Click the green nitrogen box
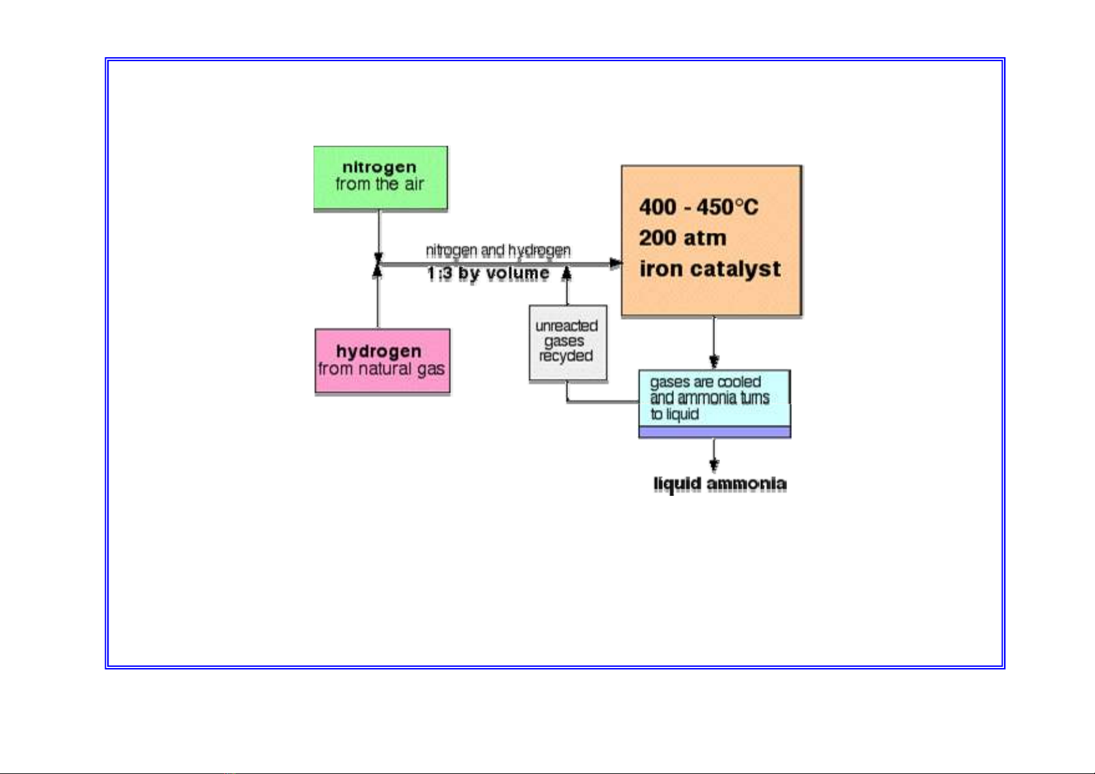pyautogui.click(x=380, y=178)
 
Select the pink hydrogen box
pyautogui.click(x=382, y=361)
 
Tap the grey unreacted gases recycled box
pyautogui.click(x=567, y=342)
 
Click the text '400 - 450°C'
pyautogui.click(x=698, y=207)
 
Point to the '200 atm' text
pyautogui.click(x=682, y=238)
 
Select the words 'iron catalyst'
pyautogui.click(x=710, y=268)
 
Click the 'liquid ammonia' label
pyautogui.click(x=719, y=484)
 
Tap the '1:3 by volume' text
pyautogui.click(x=487, y=274)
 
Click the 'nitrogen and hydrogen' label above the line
pyautogui.click(x=498, y=250)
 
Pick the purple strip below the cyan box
pyautogui.click(x=714, y=432)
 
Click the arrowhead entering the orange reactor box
pyautogui.click(x=615, y=263)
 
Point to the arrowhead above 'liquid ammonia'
pyautogui.click(x=714, y=464)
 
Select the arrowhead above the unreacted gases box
pyautogui.click(x=567, y=273)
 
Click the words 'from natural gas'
pyautogui.click(x=381, y=369)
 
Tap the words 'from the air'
pyautogui.click(x=380, y=185)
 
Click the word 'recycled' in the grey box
pyautogui.click(x=566, y=356)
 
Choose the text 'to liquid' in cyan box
pyautogui.click(x=675, y=415)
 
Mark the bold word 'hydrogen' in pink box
pyautogui.click(x=379, y=351)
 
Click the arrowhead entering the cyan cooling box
pyautogui.click(x=714, y=362)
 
